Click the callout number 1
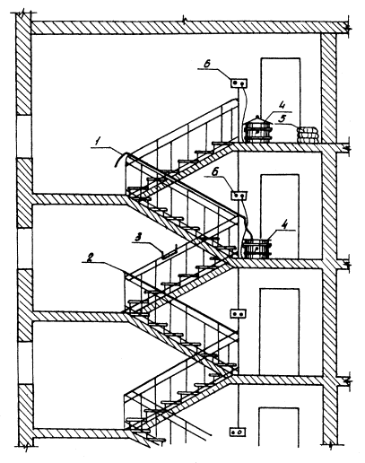(97, 142)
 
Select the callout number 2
(89, 257)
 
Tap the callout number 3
(138, 238)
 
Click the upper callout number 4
(282, 105)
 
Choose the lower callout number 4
(285, 224)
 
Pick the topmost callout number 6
(207, 64)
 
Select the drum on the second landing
(257, 249)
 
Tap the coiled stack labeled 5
(308, 135)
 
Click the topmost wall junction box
(239, 83)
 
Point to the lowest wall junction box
(238, 432)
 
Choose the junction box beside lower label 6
(239, 196)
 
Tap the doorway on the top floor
(281, 100)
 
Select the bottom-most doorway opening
(279, 427)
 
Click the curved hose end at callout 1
(119, 159)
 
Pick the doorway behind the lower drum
(280, 216)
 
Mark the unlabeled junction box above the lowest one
(239, 314)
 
